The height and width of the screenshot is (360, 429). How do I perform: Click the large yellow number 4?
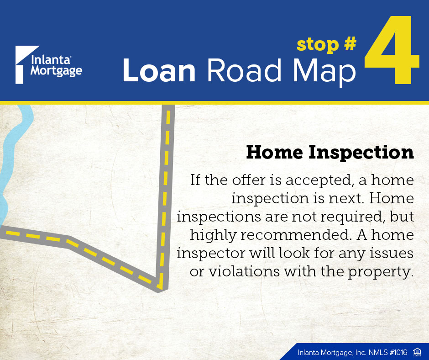(x=392, y=50)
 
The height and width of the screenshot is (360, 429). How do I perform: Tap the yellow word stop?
(x=318, y=45)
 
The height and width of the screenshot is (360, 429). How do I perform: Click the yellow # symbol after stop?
(x=351, y=44)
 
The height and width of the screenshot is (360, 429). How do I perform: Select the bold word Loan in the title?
(x=159, y=70)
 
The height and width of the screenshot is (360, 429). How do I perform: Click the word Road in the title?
(x=244, y=70)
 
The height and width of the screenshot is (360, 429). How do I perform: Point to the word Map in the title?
(x=324, y=72)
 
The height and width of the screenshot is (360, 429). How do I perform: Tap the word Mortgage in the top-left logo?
(x=56, y=71)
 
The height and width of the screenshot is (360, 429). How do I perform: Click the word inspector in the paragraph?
(x=211, y=254)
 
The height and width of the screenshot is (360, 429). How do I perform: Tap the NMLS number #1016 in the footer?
(x=398, y=352)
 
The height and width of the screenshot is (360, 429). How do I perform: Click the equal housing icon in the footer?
(x=417, y=352)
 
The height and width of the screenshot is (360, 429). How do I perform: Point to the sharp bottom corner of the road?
(x=159, y=292)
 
